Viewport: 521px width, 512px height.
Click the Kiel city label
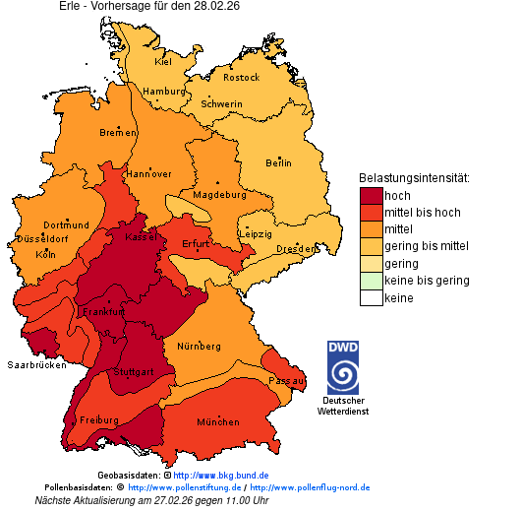[163, 61]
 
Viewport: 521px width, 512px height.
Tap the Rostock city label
[241, 77]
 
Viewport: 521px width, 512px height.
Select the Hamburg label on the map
[163, 92]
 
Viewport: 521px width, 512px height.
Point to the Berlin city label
[278, 162]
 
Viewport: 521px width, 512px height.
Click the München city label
[217, 421]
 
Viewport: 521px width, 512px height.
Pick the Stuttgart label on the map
[135, 372]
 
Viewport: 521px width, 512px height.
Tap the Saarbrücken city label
[36, 364]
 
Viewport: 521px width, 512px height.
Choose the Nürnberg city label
[200, 347]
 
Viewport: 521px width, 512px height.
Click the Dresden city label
[295, 249]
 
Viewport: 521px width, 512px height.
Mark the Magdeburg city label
[219, 194]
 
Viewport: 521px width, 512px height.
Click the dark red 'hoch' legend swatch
[371, 196]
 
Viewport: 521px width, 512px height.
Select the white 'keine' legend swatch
[371, 297]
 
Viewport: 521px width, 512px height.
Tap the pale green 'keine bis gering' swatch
[371, 281]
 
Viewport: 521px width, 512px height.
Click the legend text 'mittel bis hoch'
[422, 213]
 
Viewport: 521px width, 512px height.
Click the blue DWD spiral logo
[343, 374]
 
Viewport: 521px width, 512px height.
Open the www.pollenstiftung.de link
[184, 487]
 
